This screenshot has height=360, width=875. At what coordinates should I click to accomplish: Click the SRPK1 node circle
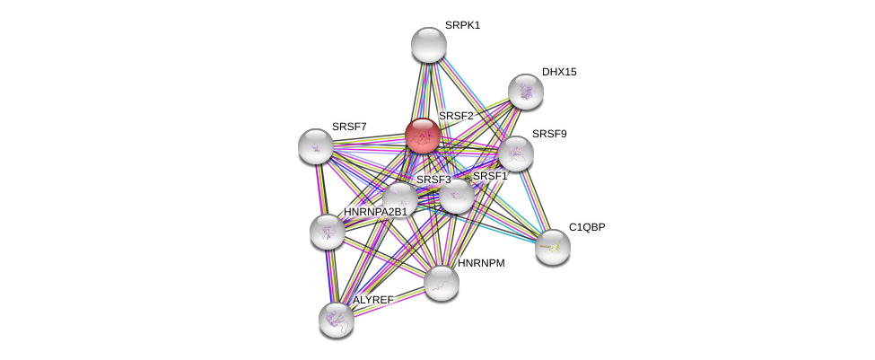point(429,45)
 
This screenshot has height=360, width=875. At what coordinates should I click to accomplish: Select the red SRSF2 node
point(422,136)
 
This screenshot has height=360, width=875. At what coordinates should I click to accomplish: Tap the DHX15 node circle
point(525,91)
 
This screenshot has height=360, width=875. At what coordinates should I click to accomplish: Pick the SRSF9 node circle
point(515,153)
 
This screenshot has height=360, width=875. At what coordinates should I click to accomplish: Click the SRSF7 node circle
point(316,145)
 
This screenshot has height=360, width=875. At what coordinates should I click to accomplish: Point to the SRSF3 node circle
point(400,198)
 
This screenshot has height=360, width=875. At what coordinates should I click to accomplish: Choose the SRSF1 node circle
point(456,196)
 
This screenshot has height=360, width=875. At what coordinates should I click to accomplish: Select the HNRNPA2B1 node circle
point(328,231)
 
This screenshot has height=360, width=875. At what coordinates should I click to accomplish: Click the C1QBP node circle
point(553,246)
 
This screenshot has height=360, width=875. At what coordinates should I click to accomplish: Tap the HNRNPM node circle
point(441,282)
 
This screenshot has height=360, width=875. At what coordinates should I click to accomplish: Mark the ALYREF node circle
point(336,319)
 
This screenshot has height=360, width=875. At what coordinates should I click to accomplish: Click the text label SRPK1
point(462,25)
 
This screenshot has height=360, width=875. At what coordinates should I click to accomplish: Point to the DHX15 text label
point(559,72)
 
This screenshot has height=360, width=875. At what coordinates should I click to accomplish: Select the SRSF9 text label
point(549,134)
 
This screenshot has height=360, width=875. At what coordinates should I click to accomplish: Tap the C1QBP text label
point(587,227)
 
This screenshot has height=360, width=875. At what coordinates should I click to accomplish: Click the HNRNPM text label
point(482,263)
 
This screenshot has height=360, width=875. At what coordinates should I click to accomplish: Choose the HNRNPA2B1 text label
point(375,212)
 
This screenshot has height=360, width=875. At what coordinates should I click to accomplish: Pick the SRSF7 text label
point(349,127)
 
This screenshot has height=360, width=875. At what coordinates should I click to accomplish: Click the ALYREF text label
point(372,300)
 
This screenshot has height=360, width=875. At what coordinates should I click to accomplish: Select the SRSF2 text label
point(456,116)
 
